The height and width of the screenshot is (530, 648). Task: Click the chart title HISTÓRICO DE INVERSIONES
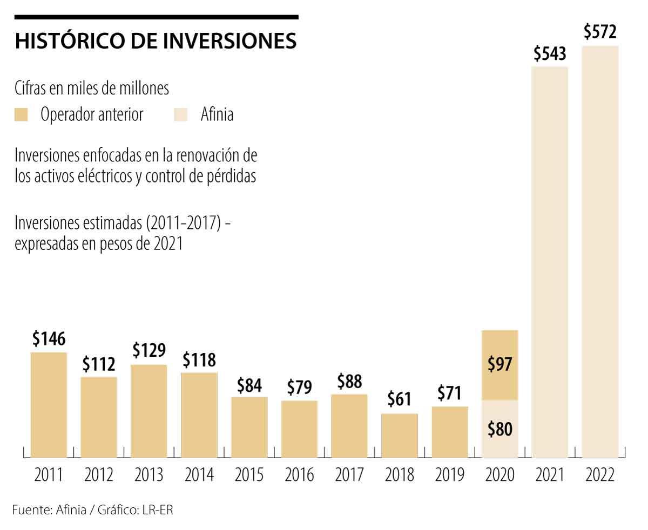(156, 42)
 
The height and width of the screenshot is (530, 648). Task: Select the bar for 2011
(49, 405)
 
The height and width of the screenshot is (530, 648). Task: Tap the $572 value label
(600, 32)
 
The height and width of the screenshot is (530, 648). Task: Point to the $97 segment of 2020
(500, 365)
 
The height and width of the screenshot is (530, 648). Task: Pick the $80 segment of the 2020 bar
(500, 429)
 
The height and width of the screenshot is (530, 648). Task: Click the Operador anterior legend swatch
(22, 114)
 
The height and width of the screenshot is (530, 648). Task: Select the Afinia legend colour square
(180, 114)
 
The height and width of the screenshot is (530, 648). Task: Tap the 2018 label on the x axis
(400, 475)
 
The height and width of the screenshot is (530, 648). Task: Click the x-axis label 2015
(249, 475)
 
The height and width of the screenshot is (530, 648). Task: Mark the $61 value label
(400, 399)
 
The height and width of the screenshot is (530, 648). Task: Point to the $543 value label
(550, 54)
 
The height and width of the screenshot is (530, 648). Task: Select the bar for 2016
(299, 429)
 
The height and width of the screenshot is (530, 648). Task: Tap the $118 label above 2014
(199, 359)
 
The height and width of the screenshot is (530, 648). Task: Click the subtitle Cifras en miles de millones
(92, 88)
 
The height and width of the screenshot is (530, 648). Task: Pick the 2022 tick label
(600, 475)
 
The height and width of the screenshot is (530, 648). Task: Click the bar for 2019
(450, 432)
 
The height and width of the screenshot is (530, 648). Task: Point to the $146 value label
(49, 339)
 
